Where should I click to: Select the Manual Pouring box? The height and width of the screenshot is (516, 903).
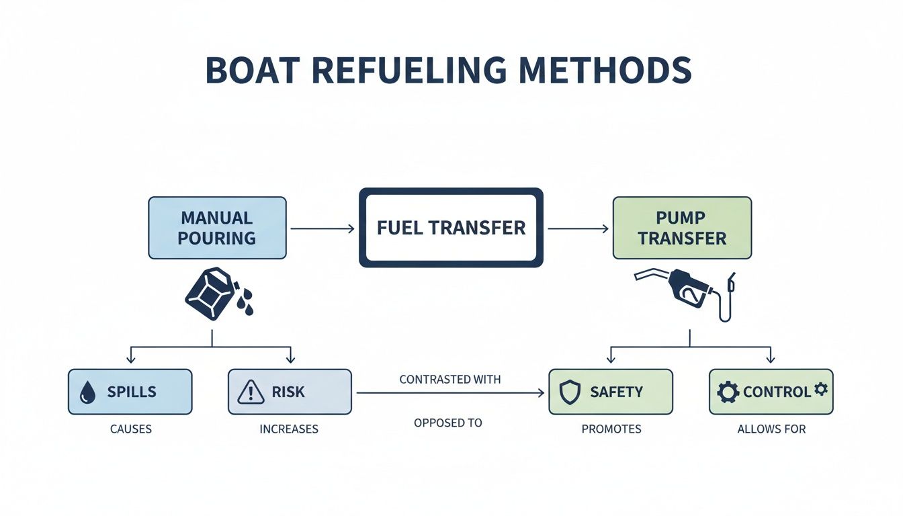(x=217, y=228)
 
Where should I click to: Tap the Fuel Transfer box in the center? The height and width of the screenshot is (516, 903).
(x=451, y=228)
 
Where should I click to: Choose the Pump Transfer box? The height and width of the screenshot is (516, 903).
(x=682, y=228)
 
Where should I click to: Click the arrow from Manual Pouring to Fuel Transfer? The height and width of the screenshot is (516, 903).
(x=322, y=229)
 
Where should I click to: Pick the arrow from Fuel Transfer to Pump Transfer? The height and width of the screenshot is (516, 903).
(x=578, y=229)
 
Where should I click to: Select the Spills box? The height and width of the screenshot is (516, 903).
(x=130, y=392)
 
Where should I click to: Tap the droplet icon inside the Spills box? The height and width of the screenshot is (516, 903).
(x=87, y=393)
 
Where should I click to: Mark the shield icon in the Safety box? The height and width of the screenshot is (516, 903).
(x=570, y=392)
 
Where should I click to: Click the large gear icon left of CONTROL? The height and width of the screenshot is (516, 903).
(x=728, y=392)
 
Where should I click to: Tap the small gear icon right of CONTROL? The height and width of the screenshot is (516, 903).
(x=820, y=389)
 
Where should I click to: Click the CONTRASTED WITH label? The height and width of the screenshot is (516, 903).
(x=449, y=380)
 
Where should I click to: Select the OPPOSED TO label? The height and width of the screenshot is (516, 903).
(x=448, y=423)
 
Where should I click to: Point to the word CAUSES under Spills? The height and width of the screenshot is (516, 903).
(x=130, y=429)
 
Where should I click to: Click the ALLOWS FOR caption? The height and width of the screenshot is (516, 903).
(x=771, y=429)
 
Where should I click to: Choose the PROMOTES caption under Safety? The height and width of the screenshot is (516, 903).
(x=611, y=429)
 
